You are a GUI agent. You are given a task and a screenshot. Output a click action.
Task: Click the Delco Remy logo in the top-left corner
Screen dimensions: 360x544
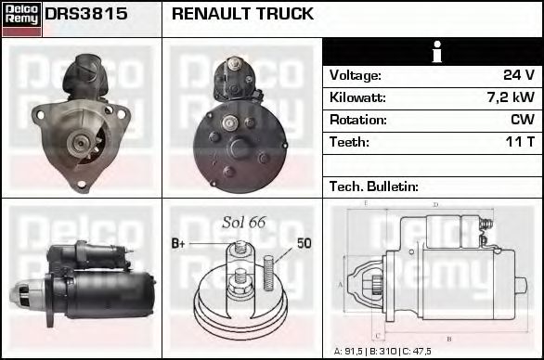tap(21, 18)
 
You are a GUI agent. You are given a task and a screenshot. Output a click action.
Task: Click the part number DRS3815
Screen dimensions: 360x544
tap(86, 15)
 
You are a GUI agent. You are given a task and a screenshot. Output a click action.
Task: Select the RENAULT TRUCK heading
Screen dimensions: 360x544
tap(242, 15)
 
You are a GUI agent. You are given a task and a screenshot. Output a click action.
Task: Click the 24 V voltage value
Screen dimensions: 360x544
tap(518, 75)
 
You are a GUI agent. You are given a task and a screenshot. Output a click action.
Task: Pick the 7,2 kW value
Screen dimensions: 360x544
tap(510, 97)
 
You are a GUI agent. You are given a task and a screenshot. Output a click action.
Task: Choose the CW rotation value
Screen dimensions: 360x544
tap(523, 120)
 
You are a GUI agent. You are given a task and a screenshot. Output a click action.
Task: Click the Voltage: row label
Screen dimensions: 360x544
tap(356, 75)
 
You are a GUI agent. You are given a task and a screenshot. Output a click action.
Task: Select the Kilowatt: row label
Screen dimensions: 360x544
tap(357, 97)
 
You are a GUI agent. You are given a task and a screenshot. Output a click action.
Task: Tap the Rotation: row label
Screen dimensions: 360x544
tap(357, 120)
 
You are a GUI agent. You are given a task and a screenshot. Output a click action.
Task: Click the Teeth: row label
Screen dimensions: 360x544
tap(349, 142)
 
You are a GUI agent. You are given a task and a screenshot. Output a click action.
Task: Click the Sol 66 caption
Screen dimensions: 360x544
tap(244, 222)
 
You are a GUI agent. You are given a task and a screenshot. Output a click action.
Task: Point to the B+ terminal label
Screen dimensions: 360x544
tap(180, 244)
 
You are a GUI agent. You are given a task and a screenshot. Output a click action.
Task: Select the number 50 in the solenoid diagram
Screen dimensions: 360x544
tap(304, 244)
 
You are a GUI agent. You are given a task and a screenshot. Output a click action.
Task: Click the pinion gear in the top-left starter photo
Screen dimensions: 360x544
tap(82, 144)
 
